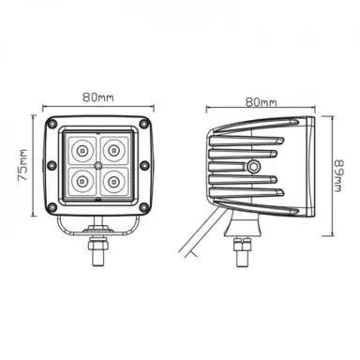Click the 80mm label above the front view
click(98, 97)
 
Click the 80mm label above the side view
click(261, 102)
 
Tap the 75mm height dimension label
click(22, 166)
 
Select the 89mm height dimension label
click(339, 176)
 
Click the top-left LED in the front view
click(82, 151)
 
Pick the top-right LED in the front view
click(113, 151)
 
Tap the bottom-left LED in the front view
click(82, 181)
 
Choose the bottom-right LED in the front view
click(113, 181)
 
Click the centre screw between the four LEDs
click(98, 165)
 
